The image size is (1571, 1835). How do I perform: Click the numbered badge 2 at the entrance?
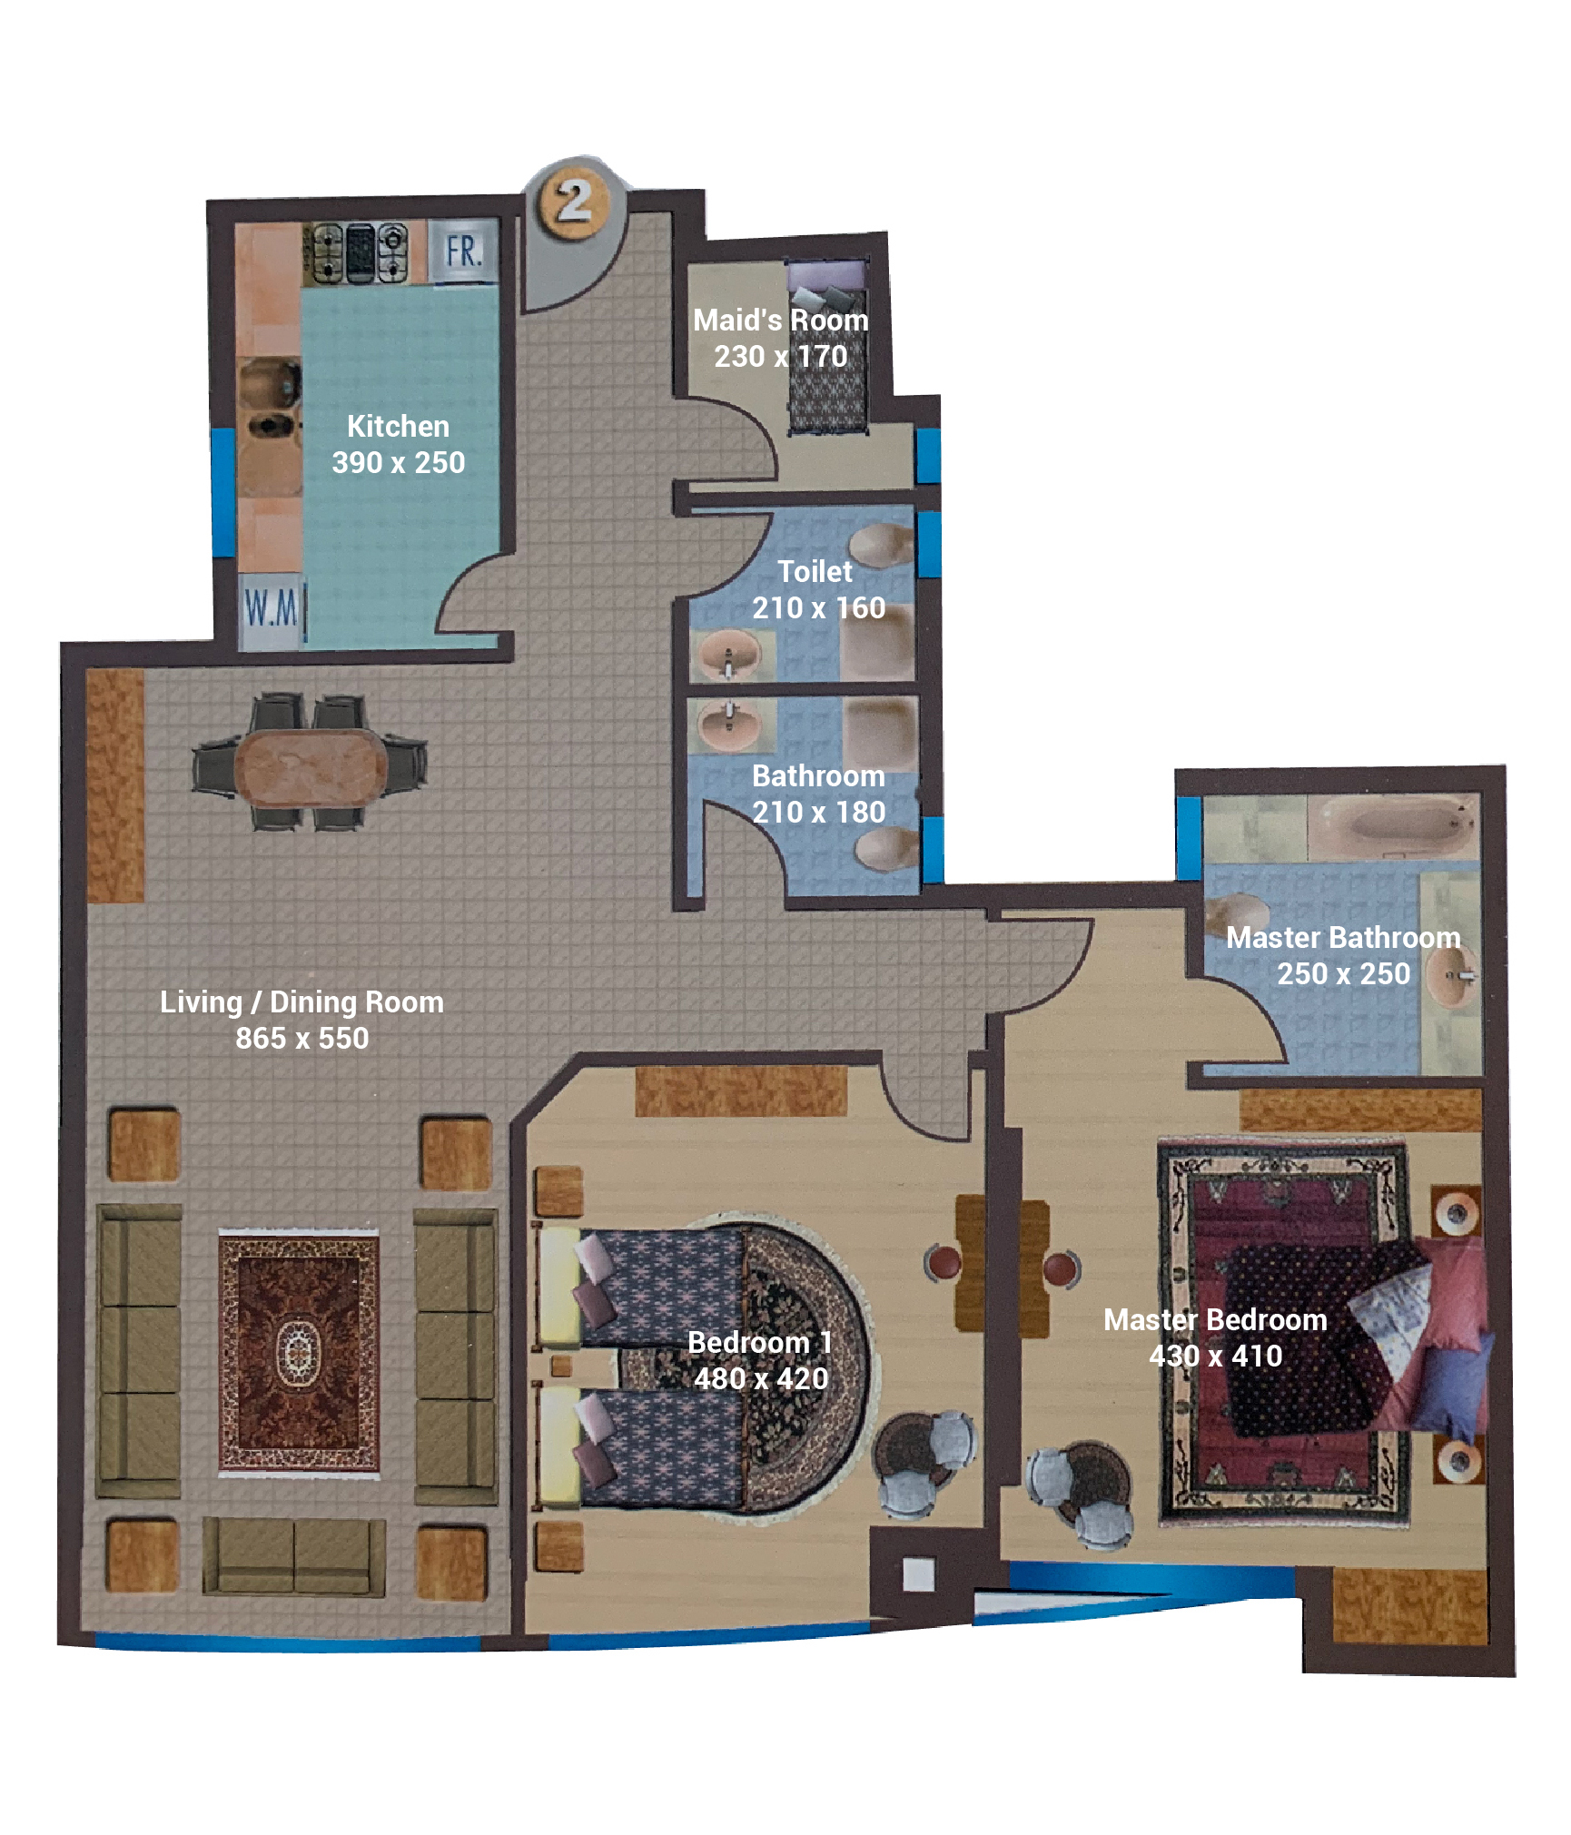coord(573,200)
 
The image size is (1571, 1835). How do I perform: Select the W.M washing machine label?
coord(271,607)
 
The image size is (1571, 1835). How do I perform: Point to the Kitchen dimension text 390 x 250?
coord(399,462)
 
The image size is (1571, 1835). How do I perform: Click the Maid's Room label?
coord(781,320)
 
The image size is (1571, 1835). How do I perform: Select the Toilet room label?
coord(815,571)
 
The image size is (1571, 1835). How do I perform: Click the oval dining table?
coord(311,767)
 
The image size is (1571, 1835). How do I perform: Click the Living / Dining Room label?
coord(301,1001)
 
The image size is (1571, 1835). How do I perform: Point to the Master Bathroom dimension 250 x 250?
coord(1344,973)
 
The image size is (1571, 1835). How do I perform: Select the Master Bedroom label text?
coord(1215,1319)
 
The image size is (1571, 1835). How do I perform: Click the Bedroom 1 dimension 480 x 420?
coord(761,1378)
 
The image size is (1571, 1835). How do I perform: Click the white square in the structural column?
coord(919,1574)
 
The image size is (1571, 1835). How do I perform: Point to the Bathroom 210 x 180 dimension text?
coord(819,812)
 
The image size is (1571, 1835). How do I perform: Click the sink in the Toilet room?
coord(729,653)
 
